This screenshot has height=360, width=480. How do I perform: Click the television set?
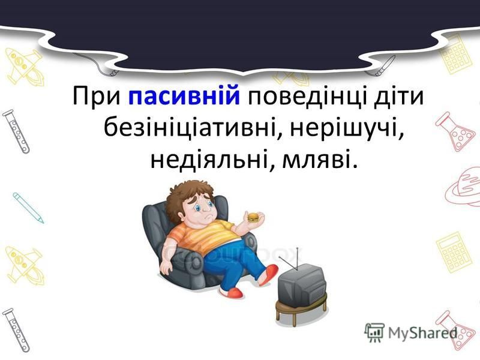tap(302, 283)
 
